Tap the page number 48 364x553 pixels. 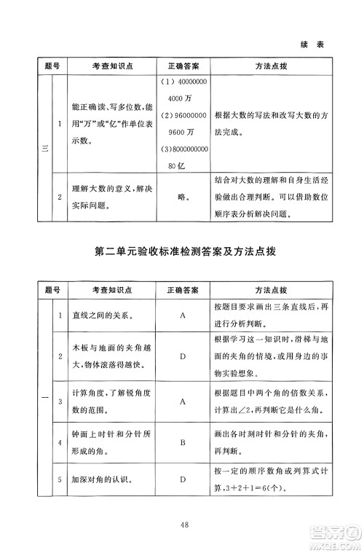tap(182, 519)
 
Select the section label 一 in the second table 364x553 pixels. tap(44, 398)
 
